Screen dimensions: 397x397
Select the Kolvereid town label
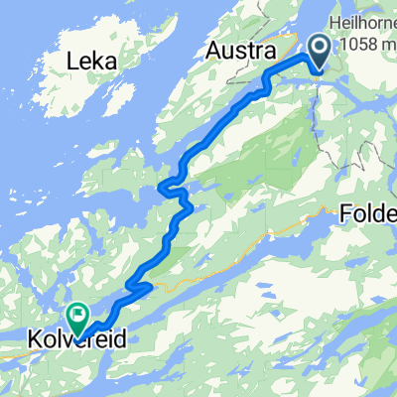tap(74, 338)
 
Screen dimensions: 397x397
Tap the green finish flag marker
tap(77, 315)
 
